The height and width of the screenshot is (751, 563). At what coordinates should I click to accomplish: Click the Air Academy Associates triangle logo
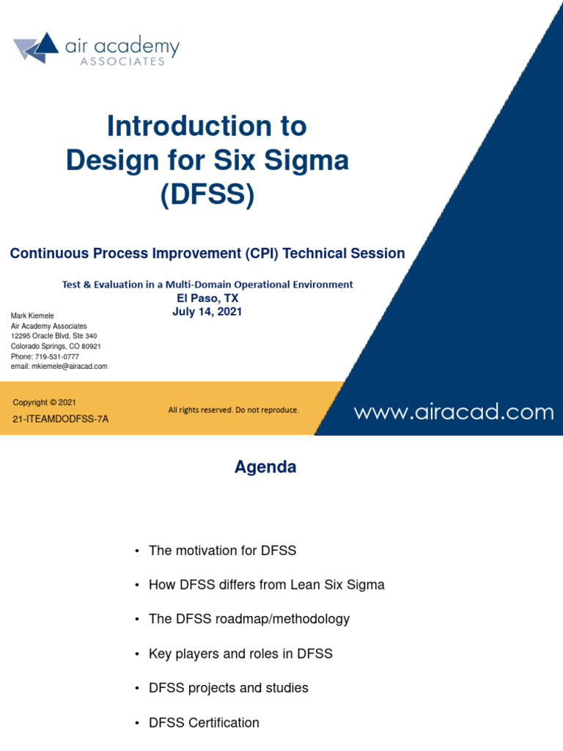[36, 48]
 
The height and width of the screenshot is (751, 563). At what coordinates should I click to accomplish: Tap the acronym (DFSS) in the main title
[207, 196]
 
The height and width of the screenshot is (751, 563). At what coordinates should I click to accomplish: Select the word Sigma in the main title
[306, 161]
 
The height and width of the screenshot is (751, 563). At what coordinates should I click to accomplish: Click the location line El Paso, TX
[207, 298]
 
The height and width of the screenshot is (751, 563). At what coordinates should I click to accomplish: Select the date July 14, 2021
[207, 312]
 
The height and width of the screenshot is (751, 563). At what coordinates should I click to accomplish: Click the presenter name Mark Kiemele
[32, 316]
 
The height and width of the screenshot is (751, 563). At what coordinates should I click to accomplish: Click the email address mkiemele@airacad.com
[70, 366]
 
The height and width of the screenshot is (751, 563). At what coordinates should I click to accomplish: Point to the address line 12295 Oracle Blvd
[54, 336]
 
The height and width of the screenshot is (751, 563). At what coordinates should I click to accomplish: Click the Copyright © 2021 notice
[44, 403]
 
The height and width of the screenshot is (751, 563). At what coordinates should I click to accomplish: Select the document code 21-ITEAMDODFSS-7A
[60, 420]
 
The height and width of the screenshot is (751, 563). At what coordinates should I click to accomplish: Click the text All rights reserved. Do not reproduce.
[233, 411]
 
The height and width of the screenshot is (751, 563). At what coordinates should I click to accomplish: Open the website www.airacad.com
[454, 412]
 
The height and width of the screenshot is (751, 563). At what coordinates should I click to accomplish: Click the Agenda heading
[265, 467]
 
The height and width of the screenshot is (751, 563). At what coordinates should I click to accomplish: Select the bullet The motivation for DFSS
[222, 550]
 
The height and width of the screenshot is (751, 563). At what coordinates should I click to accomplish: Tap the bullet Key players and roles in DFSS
[240, 653]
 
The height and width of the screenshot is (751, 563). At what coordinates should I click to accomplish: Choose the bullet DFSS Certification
[204, 722]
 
